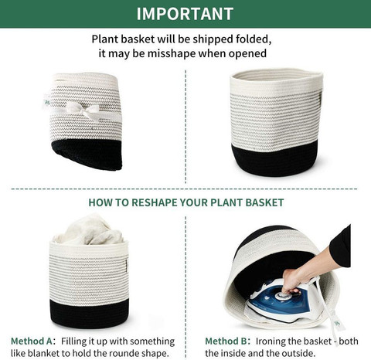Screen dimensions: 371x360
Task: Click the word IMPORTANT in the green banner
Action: coord(185,14)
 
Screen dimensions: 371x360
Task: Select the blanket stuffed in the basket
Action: coord(89,230)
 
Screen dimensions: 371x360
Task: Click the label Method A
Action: coord(32,341)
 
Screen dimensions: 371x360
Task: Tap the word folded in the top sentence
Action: coord(254,39)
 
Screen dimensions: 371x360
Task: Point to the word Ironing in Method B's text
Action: coord(271,341)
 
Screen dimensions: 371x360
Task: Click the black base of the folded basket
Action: coord(87,154)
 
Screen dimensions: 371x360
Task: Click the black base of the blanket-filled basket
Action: coord(89,314)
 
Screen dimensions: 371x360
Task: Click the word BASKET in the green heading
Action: coord(264,202)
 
